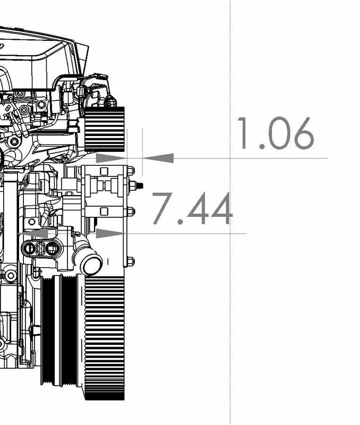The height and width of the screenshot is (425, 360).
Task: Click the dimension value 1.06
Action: coord(275,133)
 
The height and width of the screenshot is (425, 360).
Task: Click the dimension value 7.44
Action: coord(192,209)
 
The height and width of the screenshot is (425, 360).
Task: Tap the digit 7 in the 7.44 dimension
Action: coord(162,209)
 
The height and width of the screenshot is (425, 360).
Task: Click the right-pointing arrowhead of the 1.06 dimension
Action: coord(111,158)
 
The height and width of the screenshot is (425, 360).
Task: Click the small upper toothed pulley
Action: coord(105,129)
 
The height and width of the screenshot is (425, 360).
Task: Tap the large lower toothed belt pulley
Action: coord(104,337)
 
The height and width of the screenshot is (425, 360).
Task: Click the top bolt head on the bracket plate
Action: coord(131,171)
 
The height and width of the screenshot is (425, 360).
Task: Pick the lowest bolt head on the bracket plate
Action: coord(131,261)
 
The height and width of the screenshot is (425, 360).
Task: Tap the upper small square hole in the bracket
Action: coord(104,171)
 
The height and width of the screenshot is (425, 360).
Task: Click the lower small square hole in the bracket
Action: coord(104,211)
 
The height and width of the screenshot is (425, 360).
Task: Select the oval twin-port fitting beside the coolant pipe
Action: coord(41,248)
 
